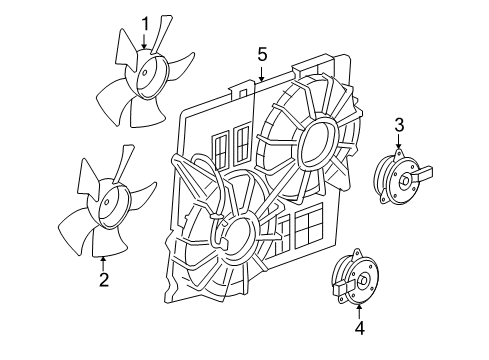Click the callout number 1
(145, 22)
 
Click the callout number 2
(103, 280)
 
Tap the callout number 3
(399, 124)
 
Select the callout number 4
(361, 326)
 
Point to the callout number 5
(262, 53)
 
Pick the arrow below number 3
(399, 144)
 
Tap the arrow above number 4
(361, 305)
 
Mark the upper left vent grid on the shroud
(235, 145)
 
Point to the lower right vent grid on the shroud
(306, 231)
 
